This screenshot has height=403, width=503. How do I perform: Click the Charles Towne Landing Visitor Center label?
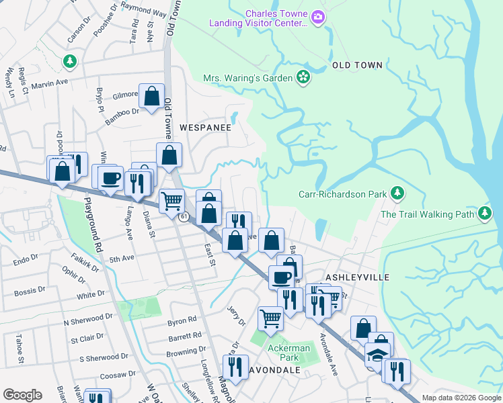click(276, 18)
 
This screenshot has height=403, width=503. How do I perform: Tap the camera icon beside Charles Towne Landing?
click(319, 18)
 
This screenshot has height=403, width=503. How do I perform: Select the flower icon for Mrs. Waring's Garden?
click(303, 78)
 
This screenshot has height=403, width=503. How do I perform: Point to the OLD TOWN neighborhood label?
click(357, 65)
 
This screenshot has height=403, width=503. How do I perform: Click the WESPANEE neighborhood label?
click(205, 127)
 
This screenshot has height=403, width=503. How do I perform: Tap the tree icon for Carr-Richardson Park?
click(397, 195)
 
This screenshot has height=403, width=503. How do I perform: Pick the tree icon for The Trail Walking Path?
click(484, 214)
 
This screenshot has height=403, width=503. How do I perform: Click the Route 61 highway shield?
click(183, 216)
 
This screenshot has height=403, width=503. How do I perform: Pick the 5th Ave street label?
click(122, 259)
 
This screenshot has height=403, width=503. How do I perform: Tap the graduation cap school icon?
click(377, 353)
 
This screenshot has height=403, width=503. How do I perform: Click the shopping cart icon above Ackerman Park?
click(270, 317)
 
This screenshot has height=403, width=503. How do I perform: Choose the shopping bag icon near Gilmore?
click(152, 95)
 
